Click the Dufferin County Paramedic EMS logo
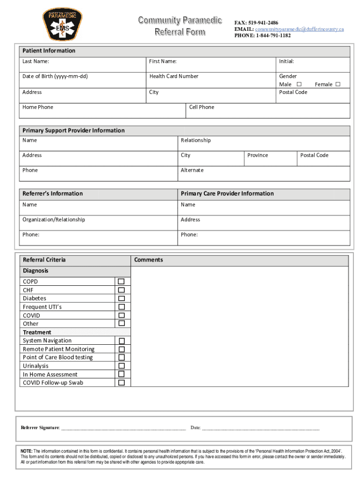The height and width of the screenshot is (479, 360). pyautogui.click(x=63, y=24)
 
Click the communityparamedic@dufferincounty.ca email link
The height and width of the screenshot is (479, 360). pyautogui.click(x=299, y=29)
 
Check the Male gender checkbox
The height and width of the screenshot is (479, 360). pyautogui.click(x=299, y=84)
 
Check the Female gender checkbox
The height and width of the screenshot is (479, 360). pyautogui.click(x=338, y=84)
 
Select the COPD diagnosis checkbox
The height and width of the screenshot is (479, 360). pyautogui.click(x=121, y=282)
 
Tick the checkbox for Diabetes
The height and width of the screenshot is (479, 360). pyautogui.click(x=121, y=298)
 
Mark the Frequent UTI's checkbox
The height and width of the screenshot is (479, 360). pyautogui.click(x=121, y=307)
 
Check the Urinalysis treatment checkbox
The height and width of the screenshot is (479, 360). pyautogui.click(x=121, y=366)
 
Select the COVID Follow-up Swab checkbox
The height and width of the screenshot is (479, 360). pyautogui.click(x=121, y=383)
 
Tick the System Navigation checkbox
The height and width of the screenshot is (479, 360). pyautogui.click(x=121, y=341)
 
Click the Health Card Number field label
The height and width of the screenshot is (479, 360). pyautogui.click(x=173, y=76)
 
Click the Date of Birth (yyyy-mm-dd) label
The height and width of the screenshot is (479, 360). pyautogui.click(x=55, y=76)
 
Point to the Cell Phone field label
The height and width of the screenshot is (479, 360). pyautogui.click(x=202, y=107)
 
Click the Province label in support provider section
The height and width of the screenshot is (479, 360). pyautogui.click(x=258, y=155)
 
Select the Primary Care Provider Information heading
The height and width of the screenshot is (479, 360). pyautogui.click(x=227, y=194)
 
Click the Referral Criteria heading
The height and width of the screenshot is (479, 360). pyautogui.click(x=44, y=260)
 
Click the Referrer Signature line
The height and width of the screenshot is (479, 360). pyautogui.click(x=123, y=428)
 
